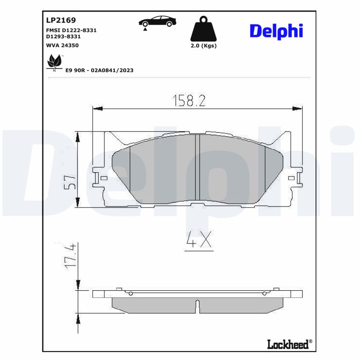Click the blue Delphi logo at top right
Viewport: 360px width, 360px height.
click(x=276, y=31)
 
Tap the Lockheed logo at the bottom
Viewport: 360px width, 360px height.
click(x=288, y=344)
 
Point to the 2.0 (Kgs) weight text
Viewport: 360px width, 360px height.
click(x=203, y=46)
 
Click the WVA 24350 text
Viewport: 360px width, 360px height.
click(x=63, y=45)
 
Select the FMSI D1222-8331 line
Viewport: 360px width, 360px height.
click(x=71, y=30)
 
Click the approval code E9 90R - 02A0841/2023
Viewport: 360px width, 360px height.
click(x=99, y=70)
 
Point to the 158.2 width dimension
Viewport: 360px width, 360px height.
click(x=189, y=100)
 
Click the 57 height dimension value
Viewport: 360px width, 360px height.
click(x=70, y=182)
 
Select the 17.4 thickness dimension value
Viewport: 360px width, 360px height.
click(x=70, y=257)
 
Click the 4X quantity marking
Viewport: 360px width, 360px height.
click(x=199, y=242)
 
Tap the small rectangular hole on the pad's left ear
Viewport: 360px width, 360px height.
click(x=103, y=179)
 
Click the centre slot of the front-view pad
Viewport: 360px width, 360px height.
click(x=197, y=167)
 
